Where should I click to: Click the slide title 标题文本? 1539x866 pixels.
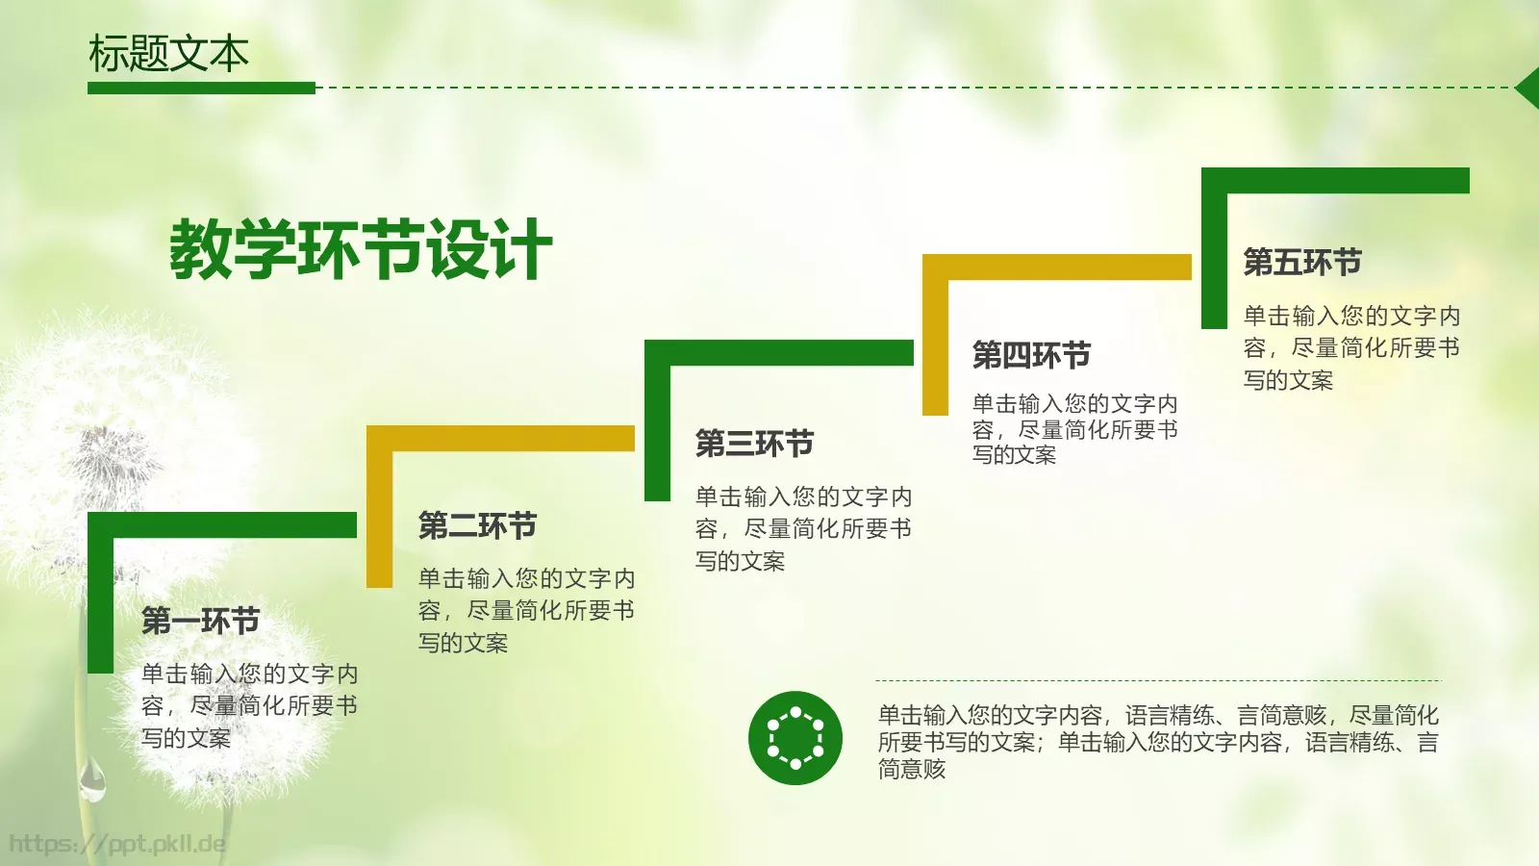pyautogui.click(x=168, y=54)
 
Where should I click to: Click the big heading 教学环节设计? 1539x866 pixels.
pyautogui.click(x=361, y=249)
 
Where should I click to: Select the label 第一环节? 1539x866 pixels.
pyautogui.click(x=200, y=621)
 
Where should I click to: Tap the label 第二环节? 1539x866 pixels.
pyautogui.click(x=477, y=525)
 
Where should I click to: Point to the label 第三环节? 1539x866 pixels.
pyautogui.click(x=754, y=444)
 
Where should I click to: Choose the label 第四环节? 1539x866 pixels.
pyautogui.click(x=1031, y=355)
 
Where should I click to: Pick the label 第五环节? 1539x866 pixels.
pyautogui.click(x=1301, y=262)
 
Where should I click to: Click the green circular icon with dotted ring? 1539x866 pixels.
pyautogui.click(x=795, y=738)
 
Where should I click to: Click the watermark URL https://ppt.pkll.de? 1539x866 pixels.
pyautogui.click(x=117, y=845)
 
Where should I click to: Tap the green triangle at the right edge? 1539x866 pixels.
pyautogui.click(x=1528, y=88)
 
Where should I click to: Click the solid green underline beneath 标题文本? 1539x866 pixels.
pyautogui.click(x=201, y=88)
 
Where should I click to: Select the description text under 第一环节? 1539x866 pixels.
pyautogui.click(x=249, y=705)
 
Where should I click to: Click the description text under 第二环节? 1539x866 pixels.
pyautogui.click(x=526, y=610)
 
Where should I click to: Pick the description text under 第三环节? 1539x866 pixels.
pyautogui.click(x=803, y=528)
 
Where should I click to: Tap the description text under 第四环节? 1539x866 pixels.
pyautogui.click(x=1074, y=429)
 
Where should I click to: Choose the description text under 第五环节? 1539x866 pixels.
pyautogui.click(x=1351, y=347)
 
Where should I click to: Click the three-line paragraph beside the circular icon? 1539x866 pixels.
pyautogui.click(x=1157, y=742)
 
